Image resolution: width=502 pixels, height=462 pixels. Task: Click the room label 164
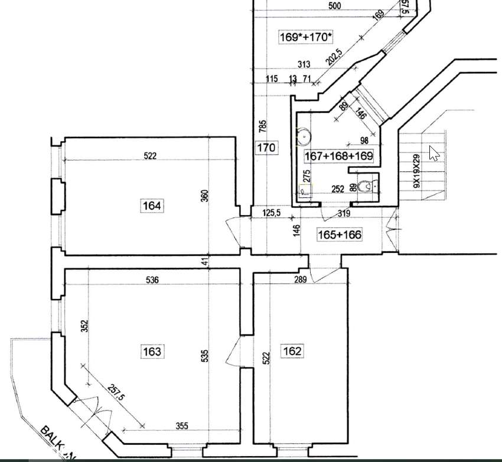[152, 206]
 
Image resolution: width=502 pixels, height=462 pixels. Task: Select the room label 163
[152, 352]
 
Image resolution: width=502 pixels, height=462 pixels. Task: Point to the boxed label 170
[266, 147]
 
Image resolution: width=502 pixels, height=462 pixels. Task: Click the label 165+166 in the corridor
[340, 235]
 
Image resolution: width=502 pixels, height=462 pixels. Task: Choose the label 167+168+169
[338, 156]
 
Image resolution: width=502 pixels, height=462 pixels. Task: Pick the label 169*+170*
[306, 37]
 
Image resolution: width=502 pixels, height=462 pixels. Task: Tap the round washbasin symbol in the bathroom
[304, 136]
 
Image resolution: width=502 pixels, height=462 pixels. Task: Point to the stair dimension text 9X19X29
[416, 171]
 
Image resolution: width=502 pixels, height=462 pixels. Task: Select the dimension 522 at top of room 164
[150, 156]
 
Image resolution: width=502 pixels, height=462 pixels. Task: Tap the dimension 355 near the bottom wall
[182, 426]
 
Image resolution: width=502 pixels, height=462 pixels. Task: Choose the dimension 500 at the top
[334, 6]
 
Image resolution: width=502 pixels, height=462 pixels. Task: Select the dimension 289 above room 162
[300, 279]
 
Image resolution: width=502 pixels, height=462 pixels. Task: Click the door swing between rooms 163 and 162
[233, 353]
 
